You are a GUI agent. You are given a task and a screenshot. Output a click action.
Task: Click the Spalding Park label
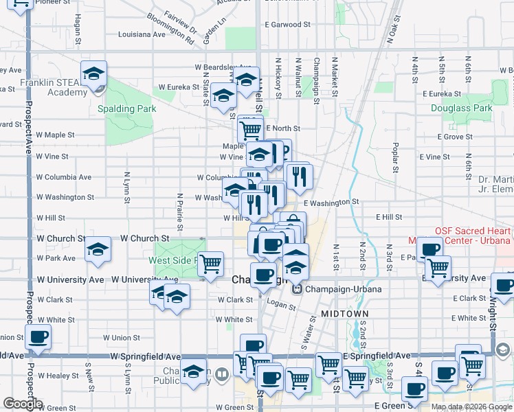tap(126, 108)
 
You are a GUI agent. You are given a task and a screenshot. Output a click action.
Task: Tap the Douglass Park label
tap(461, 108)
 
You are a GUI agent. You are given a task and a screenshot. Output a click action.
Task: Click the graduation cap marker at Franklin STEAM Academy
tap(93, 74)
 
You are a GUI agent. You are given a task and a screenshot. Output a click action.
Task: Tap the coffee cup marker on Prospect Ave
tap(38, 337)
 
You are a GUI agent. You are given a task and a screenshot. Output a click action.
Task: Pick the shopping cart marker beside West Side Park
tap(211, 263)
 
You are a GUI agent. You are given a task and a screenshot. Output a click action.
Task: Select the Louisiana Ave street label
tap(142, 34)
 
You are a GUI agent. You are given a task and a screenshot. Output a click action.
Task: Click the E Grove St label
tap(454, 137)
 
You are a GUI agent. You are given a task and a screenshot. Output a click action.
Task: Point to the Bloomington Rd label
tap(170, 28)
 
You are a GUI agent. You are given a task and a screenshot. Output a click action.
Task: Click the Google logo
tap(23, 404)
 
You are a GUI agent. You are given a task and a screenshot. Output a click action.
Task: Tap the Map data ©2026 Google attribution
tap(471, 407)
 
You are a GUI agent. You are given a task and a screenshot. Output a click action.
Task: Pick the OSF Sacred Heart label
tap(471, 231)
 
